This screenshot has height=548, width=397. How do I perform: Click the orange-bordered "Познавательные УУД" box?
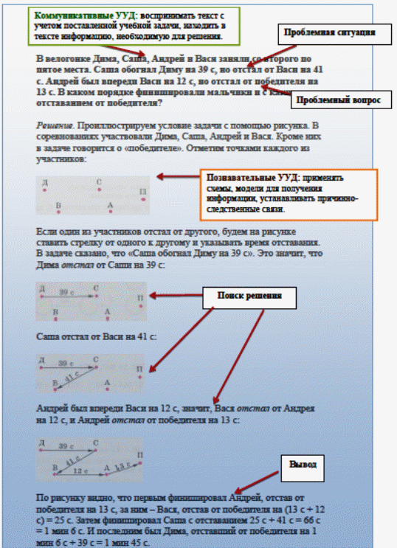click(x=289, y=193)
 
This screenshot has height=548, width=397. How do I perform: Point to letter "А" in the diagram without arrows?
click(x=110, y=205)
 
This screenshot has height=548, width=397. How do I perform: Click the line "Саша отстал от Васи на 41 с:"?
click(x=97, y=336)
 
